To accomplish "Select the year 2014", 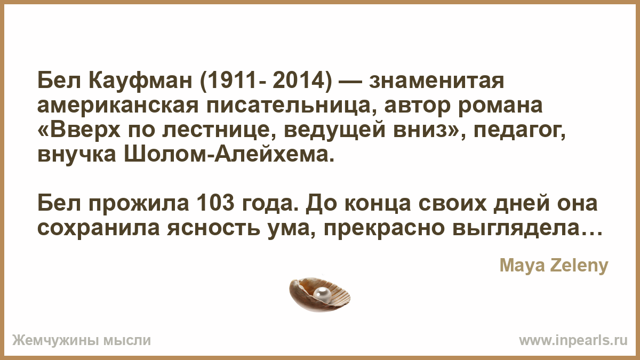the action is pyautogui.click(x=298, y=81).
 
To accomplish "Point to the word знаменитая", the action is pyautogui.click(x=436, y=81).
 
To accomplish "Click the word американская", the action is pyautogui.click(x=118, y=106).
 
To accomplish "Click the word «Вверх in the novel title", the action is pyautogui.click(x=79, y=131).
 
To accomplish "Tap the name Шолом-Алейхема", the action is pyautogui.click(x=229, y=155).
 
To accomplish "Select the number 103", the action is pyautogui.click(x=215, y=203).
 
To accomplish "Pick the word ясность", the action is pyautogui.click(x=214, y=228).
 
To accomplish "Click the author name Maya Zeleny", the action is pyautogui.click(x=554, y=266).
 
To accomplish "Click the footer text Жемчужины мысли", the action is pyautogui.click(x=82, y=341).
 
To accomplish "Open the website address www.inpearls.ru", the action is pyautogui.click(x=573, y=341).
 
